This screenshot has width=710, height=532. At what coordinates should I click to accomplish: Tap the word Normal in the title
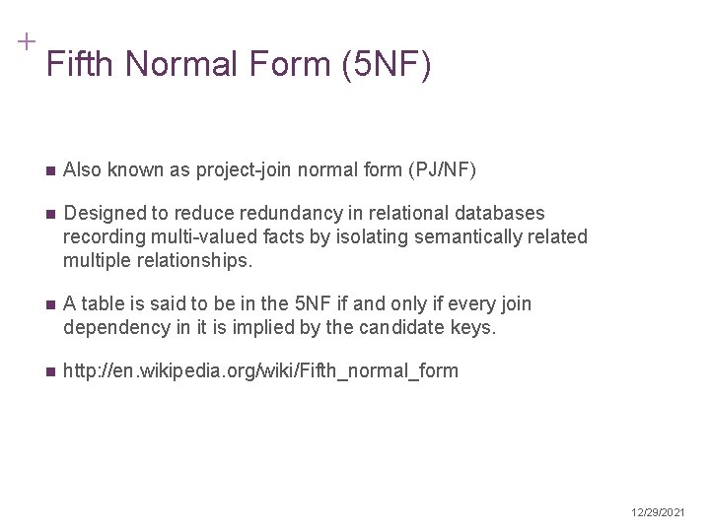coord(182,65)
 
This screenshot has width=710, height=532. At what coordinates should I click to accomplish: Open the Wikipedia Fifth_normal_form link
coord(260,370)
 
